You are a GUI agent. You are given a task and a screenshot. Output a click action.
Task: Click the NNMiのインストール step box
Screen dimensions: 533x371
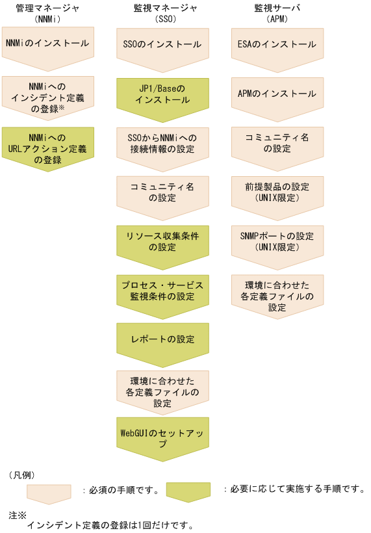click(x=48, y=44)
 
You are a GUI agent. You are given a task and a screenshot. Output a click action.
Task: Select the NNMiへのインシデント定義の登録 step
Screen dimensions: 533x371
click(x=48, y=94)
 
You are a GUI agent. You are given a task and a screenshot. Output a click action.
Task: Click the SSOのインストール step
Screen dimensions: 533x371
click(x=162, y=44)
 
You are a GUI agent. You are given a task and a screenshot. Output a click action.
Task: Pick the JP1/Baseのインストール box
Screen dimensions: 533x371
click(x=162, y=94)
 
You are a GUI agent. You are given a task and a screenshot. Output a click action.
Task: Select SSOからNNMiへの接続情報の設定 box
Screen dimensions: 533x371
click(x=162, y=144)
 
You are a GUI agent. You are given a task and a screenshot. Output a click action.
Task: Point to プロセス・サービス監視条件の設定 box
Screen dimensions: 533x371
click(x=162, y=291)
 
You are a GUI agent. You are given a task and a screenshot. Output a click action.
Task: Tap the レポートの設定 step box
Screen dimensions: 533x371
click(x=162, y=339)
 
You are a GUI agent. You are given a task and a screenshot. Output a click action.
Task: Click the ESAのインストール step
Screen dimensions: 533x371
click(x=277, y=44)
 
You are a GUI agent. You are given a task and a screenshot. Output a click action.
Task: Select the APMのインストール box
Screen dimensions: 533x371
click(x=277, y=94)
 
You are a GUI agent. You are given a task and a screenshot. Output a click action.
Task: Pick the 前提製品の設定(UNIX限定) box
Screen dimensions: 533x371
click(x=277, y=192)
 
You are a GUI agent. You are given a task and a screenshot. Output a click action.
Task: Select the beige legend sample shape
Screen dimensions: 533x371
click(x=49, y=492)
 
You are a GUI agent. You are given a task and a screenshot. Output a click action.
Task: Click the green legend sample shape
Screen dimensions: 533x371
click(x=188, y=492)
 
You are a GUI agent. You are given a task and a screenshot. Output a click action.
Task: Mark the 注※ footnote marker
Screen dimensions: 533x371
click(x=17, y=514)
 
